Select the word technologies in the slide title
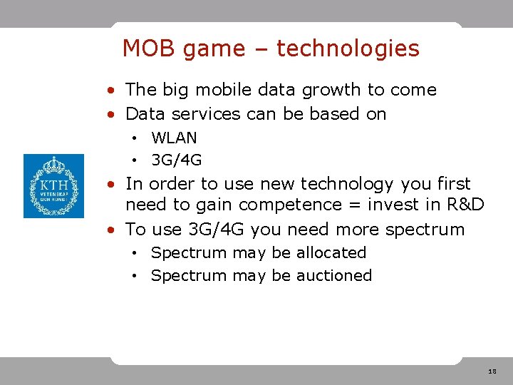pos(348,49)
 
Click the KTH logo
pos(53,185)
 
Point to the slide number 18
pos(492,372)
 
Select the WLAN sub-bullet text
pos(174,138)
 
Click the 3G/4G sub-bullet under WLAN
pos(176,160)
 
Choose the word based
pos(330,114)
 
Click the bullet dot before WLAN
pos(134,138)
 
